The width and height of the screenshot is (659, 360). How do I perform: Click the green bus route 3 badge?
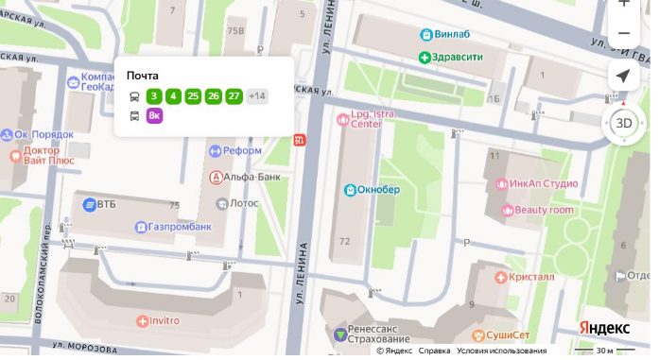pyautogui.click(x=154, y=95)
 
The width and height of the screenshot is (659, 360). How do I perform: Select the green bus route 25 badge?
pyautogui.click(x=193, y=95)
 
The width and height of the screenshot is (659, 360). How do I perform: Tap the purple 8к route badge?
pyautogui.click(x=154, y=115)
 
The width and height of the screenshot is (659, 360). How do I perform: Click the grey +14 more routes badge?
pyautogui.click(x=257, y=95)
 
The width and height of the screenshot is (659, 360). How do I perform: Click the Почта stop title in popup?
pyautogui.click(x=143, y=76)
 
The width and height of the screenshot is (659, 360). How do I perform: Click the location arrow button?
pyautogui.click(x=623, y=77)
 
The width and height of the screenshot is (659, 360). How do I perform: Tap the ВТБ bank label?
pyautogui.click(x=106, y=204)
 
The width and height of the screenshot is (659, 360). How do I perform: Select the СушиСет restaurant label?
pyautogui.click(x=506, y=335)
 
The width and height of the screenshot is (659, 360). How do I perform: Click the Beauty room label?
pyautogui.click(x=544, y=210)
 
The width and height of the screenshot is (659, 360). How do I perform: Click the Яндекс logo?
pyautogui.click(x=604, y=327)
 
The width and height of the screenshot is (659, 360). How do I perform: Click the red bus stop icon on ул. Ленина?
pyautogui.click(x=300, y=141)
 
